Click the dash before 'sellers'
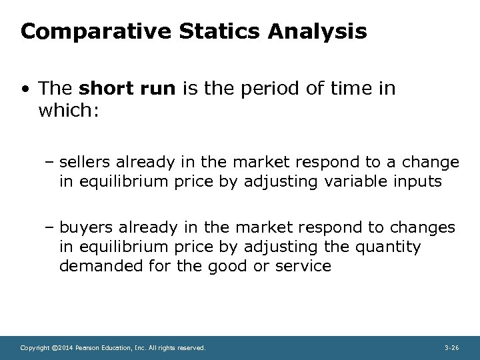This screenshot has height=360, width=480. (51, 162)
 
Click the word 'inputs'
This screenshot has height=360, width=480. (419, 181)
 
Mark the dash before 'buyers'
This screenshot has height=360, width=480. (51, 228)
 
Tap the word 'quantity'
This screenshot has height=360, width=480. (389, 247)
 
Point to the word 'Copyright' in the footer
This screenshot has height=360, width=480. (35, 347)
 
